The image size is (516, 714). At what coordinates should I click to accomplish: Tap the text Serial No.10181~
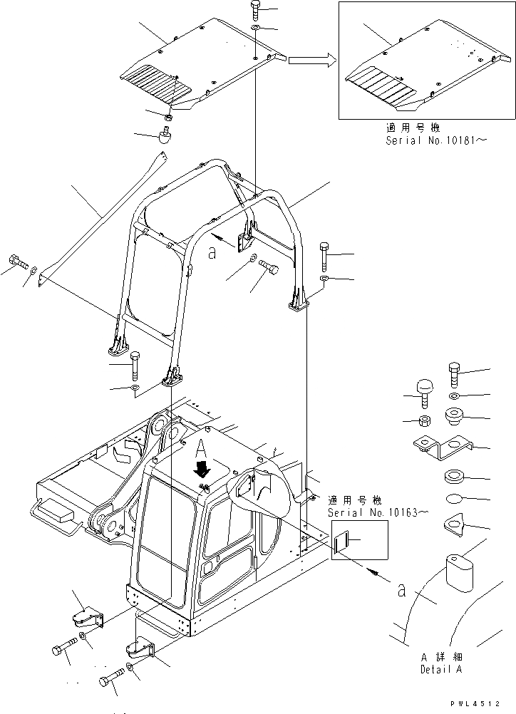[436, 141]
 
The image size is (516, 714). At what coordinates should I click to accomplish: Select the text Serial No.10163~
[378, 512]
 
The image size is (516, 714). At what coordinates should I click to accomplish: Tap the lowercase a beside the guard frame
[212, 253]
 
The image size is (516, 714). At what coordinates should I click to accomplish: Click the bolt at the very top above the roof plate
[256, 10]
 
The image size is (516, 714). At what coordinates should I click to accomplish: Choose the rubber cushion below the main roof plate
[165, 135]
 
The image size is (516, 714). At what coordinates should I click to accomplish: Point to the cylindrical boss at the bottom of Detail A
[460, 571]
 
